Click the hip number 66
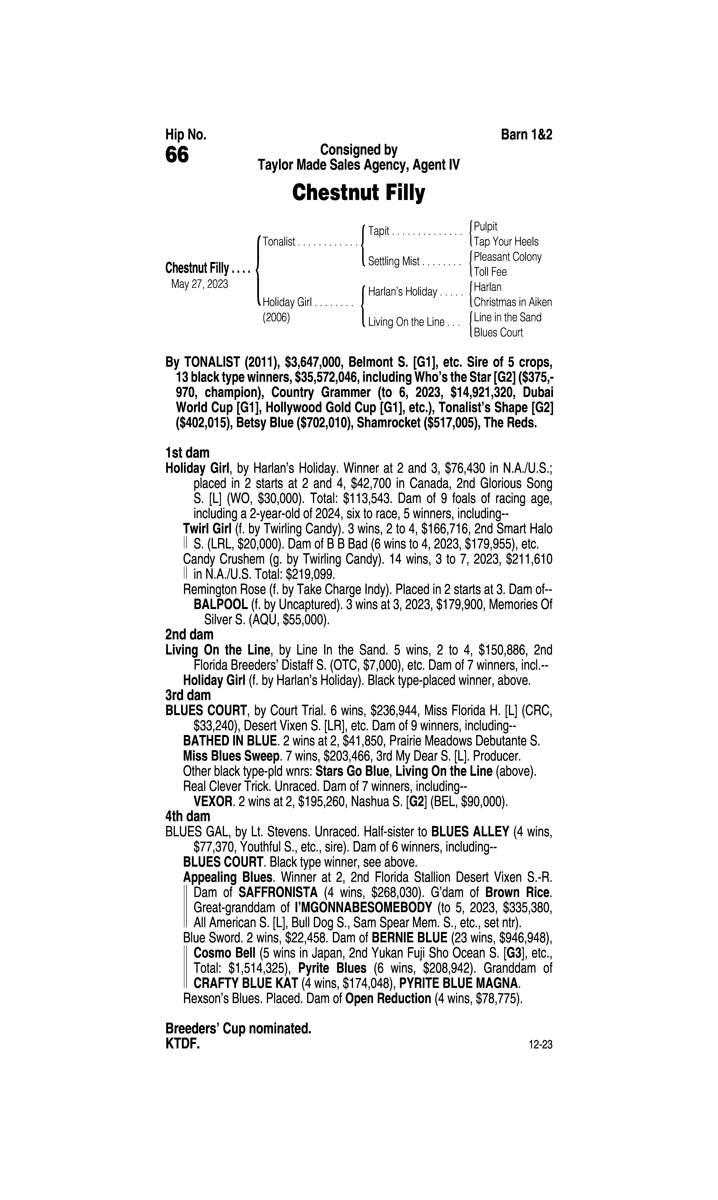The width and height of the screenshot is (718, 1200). click(177, 155)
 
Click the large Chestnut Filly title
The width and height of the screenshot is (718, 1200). click(358, 193)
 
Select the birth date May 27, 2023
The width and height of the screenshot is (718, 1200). click(199, 284)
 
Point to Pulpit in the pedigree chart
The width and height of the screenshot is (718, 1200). click(486, 226)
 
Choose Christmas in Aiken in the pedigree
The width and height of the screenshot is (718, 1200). click(512, 302)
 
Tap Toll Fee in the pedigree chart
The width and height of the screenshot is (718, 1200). click(490, 272)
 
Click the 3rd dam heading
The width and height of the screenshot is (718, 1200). click(188, 695)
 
